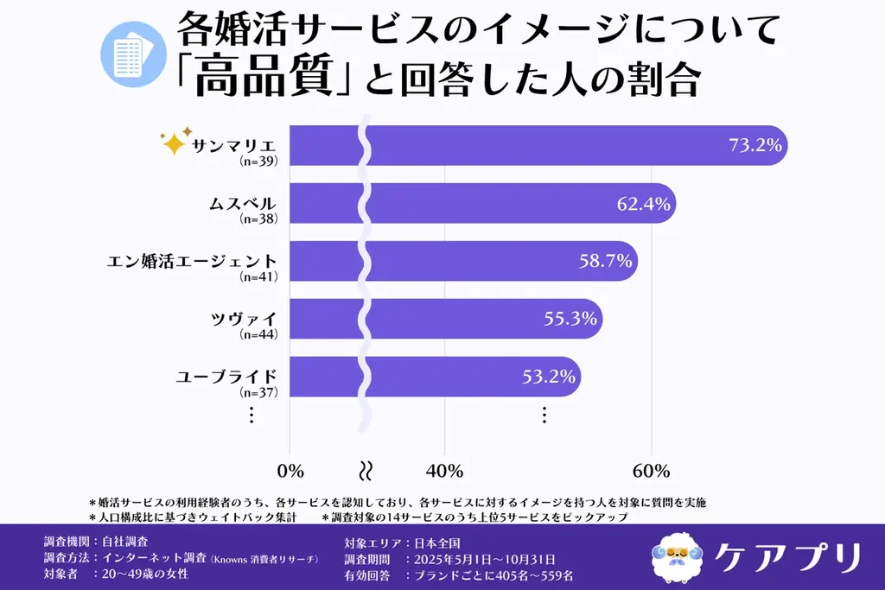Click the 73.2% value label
click(754, 145)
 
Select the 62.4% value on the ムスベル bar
click(643, 203)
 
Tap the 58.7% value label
click(605, 261)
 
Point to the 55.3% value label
click(570, 319)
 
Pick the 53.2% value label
click(550, 377)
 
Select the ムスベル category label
click(243, 204)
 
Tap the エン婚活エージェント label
click(191, 261)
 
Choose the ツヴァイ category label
click(249, 319)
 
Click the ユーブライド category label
click(226, 377)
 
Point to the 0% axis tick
click(290, 471)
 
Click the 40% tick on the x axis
click(444, 471)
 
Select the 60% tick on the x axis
click(651, 471)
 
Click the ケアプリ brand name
click(788, 555)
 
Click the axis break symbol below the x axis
click(366, 471)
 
